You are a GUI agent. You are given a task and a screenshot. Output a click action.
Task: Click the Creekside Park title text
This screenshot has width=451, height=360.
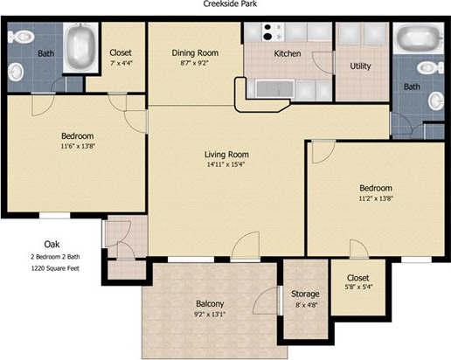coord(230,3)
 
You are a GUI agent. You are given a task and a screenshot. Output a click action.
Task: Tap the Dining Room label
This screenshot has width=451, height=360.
coord(195,53)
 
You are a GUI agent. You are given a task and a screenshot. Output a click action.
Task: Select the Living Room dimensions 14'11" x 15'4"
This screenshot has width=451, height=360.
coord(225,164)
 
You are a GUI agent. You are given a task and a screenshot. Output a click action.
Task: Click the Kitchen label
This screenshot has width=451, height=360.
coord(288,53)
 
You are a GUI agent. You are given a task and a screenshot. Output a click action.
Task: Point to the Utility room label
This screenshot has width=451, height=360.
coord(360,66)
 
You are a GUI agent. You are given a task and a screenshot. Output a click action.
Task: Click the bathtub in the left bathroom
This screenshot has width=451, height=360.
coord(80,48)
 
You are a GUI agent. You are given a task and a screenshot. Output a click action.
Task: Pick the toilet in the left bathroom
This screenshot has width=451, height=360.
coord(21,37)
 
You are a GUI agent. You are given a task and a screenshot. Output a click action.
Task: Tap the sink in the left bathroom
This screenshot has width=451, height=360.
coord(16,72)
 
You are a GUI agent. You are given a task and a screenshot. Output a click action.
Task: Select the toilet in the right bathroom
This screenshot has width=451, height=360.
coord(430,68)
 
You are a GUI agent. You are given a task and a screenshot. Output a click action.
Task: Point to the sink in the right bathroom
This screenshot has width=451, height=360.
coord(436,101)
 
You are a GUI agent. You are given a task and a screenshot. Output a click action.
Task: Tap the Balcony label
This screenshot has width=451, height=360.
coord(210,304)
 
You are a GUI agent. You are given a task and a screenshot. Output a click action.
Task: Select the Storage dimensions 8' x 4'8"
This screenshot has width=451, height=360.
coord(305,305)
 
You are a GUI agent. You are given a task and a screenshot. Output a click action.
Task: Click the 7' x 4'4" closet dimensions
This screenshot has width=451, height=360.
coord(121,63)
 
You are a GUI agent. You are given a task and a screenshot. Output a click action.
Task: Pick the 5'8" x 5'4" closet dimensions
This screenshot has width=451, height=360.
coord(358,287)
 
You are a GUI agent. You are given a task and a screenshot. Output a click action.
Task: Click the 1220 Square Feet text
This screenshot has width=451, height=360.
coord(55,268)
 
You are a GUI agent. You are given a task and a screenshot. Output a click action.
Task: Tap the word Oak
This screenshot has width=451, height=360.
coord(52,244)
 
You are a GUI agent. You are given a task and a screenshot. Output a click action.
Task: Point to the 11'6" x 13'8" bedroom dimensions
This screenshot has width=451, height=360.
coord(78,146)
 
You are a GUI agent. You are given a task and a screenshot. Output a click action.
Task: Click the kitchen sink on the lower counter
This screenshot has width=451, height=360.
coord(274,89)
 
